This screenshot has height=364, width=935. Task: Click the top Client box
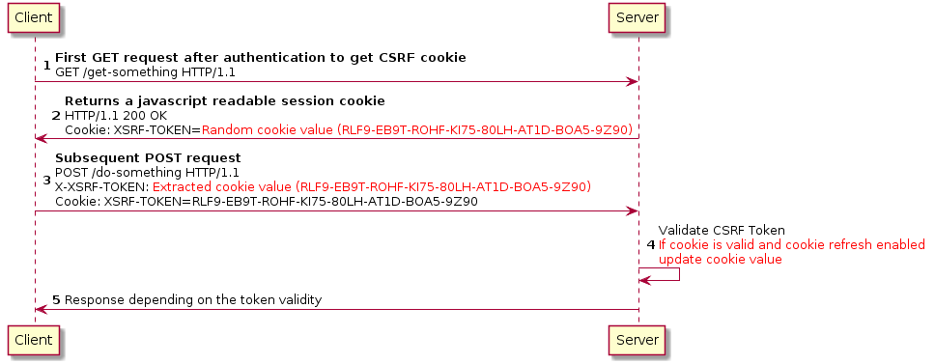(34, 17)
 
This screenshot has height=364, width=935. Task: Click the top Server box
(638, 17)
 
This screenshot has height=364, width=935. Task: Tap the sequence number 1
(48, 65)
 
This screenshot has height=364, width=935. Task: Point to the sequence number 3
(48, 180)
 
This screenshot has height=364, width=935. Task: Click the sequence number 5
(56, 300)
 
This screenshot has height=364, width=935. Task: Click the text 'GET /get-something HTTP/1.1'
(145, 71)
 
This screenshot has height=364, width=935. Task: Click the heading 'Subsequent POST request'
(148, 157)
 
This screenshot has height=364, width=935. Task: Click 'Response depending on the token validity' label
(193, 300)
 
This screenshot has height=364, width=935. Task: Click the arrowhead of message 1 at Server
(632, 81)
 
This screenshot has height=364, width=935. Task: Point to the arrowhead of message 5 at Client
(41, 310)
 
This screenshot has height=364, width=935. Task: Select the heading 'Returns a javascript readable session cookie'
(225, 100)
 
